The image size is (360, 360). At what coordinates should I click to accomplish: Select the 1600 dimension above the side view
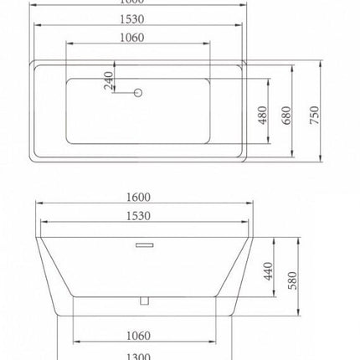click(x=139, y=198)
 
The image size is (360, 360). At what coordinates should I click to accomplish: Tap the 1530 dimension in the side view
click(x=139, y=217)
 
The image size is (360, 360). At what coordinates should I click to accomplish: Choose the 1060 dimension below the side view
click(x=139, y=336)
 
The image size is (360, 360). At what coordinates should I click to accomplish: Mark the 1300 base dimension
click(x=139, y=355)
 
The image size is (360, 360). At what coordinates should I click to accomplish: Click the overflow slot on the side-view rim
click(x=140, y=245)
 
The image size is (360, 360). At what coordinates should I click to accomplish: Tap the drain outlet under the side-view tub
click(x=142, y=299)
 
